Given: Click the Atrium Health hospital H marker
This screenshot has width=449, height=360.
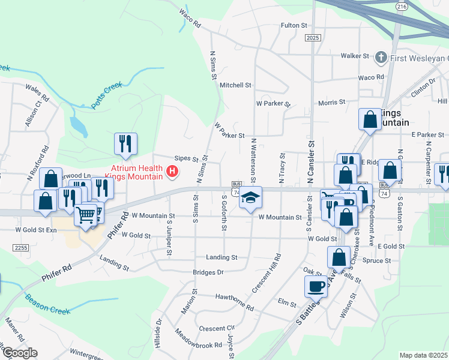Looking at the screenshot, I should click(173, 172).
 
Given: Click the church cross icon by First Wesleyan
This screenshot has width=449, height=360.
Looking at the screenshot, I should click(380, 58).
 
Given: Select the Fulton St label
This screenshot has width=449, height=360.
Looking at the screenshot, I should click(294, 26).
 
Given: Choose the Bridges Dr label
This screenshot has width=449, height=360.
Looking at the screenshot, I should click(208, 272).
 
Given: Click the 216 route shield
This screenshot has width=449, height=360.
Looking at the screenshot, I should click(402, 6).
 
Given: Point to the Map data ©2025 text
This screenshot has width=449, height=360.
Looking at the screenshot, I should click(423, 355).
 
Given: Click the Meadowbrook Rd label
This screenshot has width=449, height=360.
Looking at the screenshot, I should click(198, 339).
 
